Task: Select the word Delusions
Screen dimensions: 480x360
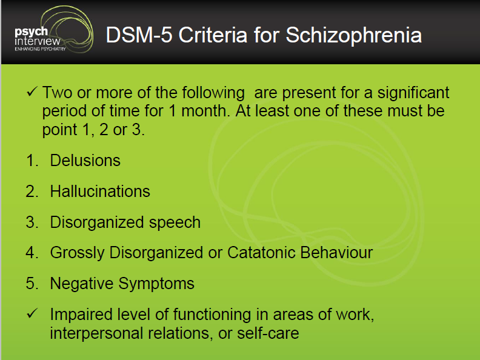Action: point(85,161)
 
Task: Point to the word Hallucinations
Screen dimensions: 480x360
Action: point(100,192)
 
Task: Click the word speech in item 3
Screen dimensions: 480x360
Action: point(175,223)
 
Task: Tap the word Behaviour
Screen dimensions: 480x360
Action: point(336,253)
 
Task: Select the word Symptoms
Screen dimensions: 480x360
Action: point(156,284)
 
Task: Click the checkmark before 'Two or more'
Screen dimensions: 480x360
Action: point(32,92)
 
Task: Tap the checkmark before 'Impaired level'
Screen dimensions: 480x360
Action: point(32,313)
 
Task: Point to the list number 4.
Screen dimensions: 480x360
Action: point(32,253)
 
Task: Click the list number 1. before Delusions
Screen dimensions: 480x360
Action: point(32,161)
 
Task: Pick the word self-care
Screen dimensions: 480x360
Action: point(268,333)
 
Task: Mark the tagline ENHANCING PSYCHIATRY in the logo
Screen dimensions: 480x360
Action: point(40,49)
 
